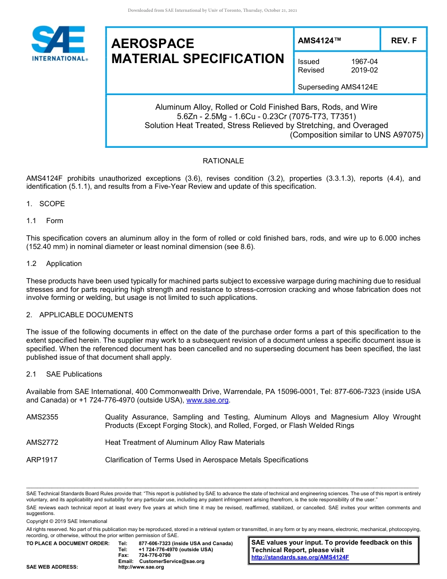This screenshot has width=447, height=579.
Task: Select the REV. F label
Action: point(404,41)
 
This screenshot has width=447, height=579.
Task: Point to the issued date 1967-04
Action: point(364,62)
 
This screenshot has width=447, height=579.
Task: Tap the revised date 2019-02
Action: point(364,70)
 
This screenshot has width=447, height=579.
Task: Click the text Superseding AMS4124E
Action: point(338,87)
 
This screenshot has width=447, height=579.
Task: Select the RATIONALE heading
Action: point(223,161)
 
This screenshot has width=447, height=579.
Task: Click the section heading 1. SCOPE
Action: point(46,204)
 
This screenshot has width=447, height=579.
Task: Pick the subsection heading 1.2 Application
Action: point(54,264)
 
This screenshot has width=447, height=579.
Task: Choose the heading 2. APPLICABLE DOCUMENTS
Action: point(80,315)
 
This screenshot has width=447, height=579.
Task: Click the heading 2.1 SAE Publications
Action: point(64,374)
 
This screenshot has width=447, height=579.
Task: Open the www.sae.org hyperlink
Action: point(208,401)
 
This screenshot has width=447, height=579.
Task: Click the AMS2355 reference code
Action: point(42,417)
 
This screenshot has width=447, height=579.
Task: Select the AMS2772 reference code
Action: point(42,442)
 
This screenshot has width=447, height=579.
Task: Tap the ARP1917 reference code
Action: point(42,460)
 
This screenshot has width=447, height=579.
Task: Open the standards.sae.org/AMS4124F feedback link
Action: point(300,557)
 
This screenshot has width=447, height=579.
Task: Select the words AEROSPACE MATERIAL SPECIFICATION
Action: point(198,51)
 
